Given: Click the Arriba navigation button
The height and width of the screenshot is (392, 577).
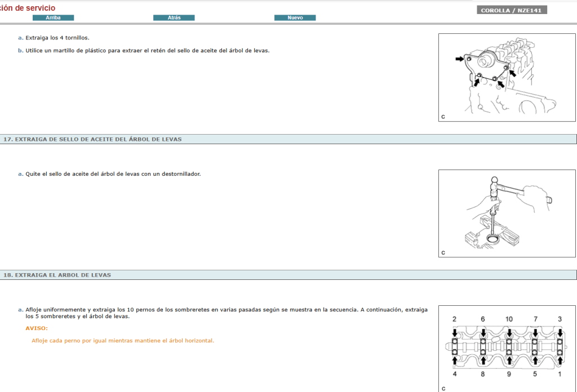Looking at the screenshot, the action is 53,17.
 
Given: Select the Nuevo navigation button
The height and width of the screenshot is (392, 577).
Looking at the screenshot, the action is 295,17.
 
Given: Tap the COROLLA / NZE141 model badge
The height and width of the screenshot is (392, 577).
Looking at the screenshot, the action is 512,10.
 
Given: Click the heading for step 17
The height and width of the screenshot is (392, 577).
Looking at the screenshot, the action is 92,139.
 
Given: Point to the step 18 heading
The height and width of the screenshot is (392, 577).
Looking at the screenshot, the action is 57,275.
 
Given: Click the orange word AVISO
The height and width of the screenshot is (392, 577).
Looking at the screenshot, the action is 37,328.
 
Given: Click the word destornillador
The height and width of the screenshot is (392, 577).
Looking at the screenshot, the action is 181,174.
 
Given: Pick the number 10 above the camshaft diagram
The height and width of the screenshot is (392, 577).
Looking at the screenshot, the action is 509,319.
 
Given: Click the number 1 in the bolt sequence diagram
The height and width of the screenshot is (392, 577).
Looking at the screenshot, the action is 560,374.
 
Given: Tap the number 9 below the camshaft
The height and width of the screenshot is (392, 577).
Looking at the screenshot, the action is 509,374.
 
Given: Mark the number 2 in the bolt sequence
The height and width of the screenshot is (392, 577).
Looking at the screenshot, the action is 455,319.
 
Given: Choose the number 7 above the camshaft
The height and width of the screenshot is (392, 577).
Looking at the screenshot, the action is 535,319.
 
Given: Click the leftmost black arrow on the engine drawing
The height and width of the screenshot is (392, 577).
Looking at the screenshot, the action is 460,59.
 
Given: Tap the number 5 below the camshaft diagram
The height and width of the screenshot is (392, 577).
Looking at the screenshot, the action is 535,374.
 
